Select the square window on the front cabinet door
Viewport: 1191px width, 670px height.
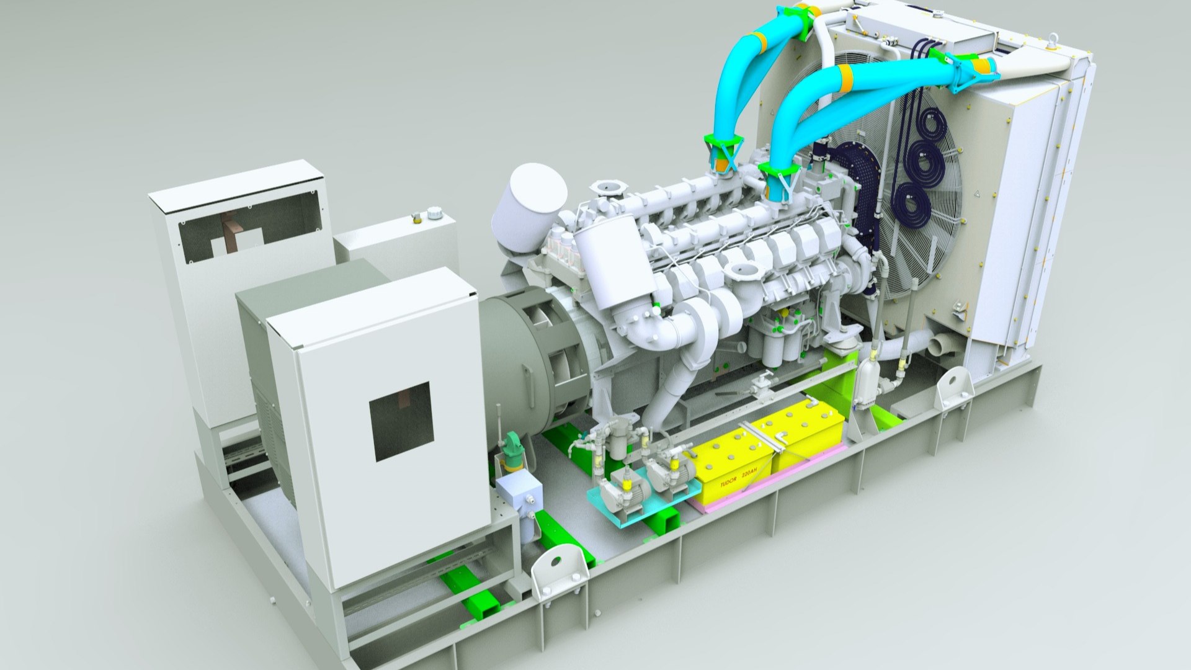click(400, 421)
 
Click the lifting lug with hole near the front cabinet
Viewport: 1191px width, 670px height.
click(558, 572)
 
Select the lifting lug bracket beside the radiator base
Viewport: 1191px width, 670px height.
click(953, 389)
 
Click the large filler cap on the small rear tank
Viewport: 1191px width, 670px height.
click(434, 214)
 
